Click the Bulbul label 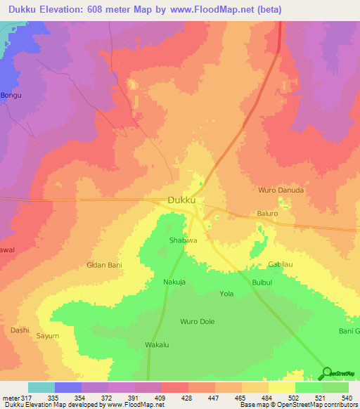(264, 283)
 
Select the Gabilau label (281, 264)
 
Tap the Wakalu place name (157, 346)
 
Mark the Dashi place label (19, 330)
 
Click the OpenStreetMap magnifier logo (327, 373)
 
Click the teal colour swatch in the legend (41, 387)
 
